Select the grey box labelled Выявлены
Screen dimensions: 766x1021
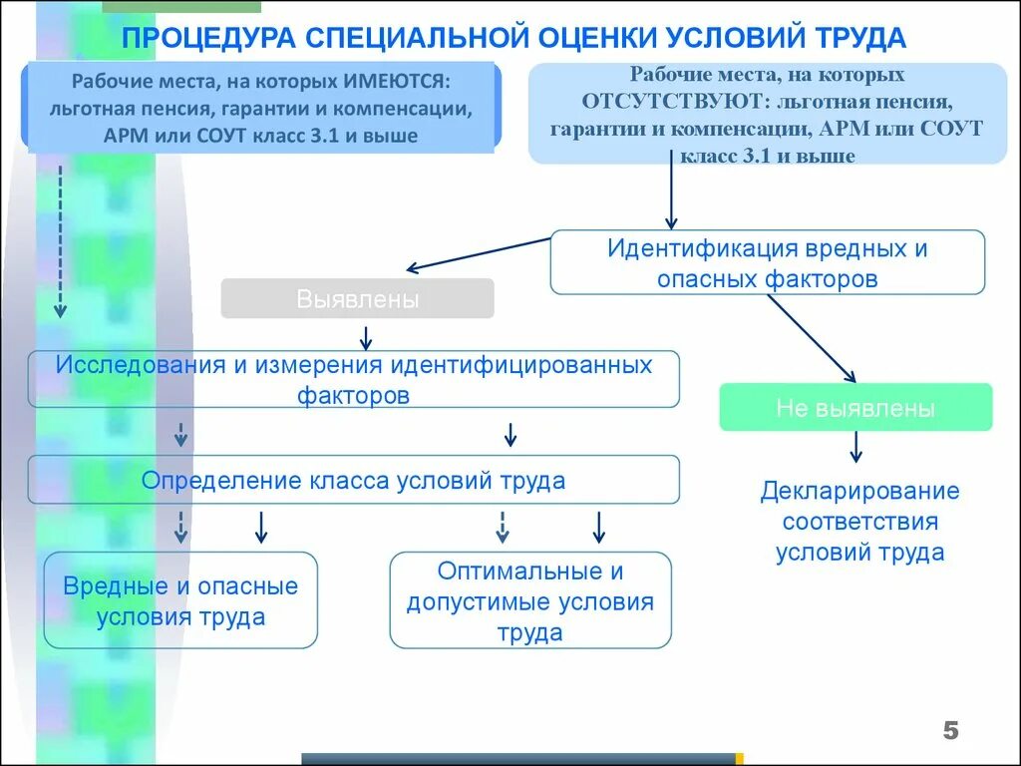tap(357, 298)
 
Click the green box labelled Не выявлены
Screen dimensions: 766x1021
tap(855, 407)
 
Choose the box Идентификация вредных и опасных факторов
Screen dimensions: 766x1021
tap(767, 262)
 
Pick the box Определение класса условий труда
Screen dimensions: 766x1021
tap(353, 480)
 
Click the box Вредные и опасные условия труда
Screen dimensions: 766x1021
tap(180, 600)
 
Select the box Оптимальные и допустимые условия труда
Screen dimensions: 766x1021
tap(529, 600)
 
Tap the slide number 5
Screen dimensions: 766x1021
tap(950, 731)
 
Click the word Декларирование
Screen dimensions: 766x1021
tap(859, 491)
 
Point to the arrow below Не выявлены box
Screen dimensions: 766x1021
tap(855, 446)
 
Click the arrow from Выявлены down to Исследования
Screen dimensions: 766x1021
tap(366, 335)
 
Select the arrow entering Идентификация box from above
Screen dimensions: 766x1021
tap(671, 195)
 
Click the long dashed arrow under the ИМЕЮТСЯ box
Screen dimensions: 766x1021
tap(60, 239)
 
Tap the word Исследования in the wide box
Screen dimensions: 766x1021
tap(141, 364)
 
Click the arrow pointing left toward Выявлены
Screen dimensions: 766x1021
tap(479, 253)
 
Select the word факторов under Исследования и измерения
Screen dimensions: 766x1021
tap(353, 394)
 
